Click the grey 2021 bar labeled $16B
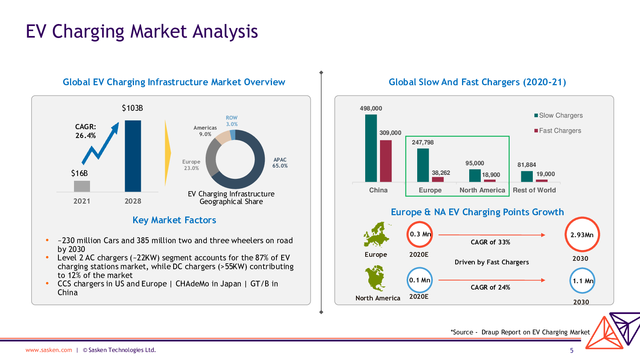pyautogui.click(x=82, y=186)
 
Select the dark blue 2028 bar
pyautogui.click(x=133, y=156)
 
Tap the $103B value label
pyautogui.click(x=132, y=108)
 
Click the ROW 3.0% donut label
pyautogui.click(x=232, y=121)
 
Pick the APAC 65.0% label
pyautogui.click(x=280, y=162)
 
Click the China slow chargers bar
pyautogui.click(x=371, y=148)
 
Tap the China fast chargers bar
pyautogui.click(x=386, y=161)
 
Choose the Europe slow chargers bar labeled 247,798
pyautogui.click(x=423, y=165)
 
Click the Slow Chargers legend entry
pyautogui.click(x=558, y=116)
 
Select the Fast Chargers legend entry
pyautogui.click(x=558, y=130)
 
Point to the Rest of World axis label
pyautogui.click(x=534, y=190)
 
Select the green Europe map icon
pyautogui.click(x=376, y=234)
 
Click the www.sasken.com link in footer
pyautogui.click(x=49, y=350)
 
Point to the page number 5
pyautogui.click(x=572, y=350)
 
